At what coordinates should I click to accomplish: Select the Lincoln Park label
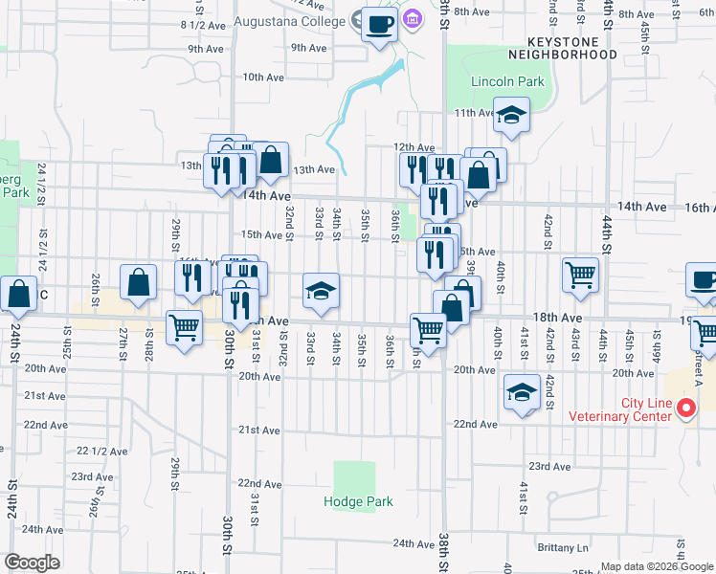tap(507, 82)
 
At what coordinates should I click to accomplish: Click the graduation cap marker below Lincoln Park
tap(512, 117)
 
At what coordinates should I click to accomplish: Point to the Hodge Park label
tap(358, 501)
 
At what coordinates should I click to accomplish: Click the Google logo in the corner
tap(32, 562)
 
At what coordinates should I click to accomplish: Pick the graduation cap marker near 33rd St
tap(321, 293)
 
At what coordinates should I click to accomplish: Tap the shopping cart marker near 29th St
tap(184, 327)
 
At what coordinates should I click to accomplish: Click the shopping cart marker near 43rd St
tap(580, 276)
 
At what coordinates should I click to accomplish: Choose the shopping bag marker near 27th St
tap(139, 283)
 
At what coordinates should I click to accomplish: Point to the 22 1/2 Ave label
tap(96, 450)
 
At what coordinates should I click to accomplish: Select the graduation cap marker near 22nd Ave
tap(522, 393)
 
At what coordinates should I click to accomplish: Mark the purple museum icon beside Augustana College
tap(413, 18)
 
